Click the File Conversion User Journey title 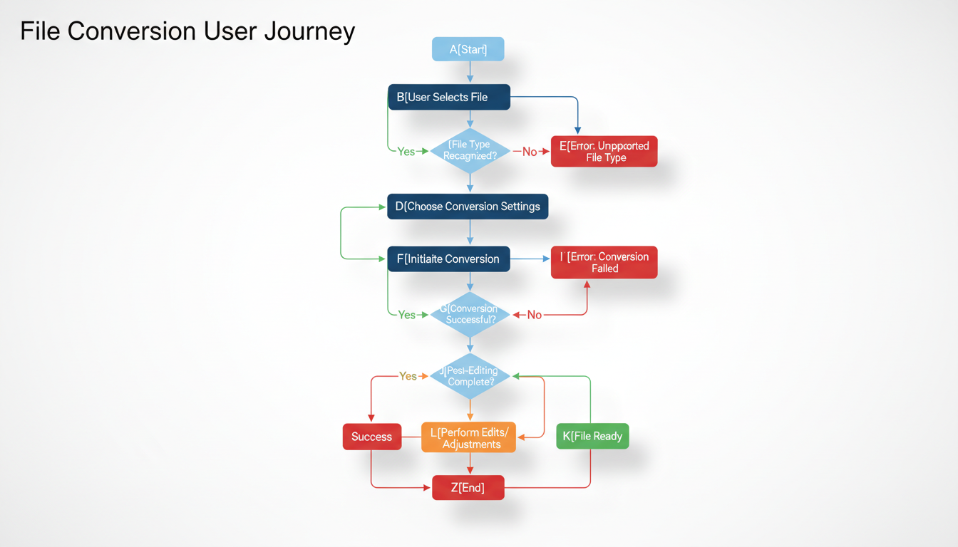(187, 32)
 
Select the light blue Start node (468, 49)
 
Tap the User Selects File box (448, 97)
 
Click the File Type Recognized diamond (470, 150)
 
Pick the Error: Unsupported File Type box (604, 152)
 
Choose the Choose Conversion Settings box (468, 207)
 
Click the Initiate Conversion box (448, 259)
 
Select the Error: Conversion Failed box (604, 262)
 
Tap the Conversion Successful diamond (470, 314)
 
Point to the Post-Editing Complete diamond (470, 376)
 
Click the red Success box (371, 437)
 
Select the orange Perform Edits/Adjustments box (468, 437)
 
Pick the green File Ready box (592, 436)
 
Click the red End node (468, 488)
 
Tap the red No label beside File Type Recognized (530, 152)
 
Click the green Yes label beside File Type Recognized (406, 152)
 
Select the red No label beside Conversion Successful (534, 315)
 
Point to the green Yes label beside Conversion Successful (406, 315)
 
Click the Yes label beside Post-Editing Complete (408, 376)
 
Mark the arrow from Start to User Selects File (470, 72)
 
